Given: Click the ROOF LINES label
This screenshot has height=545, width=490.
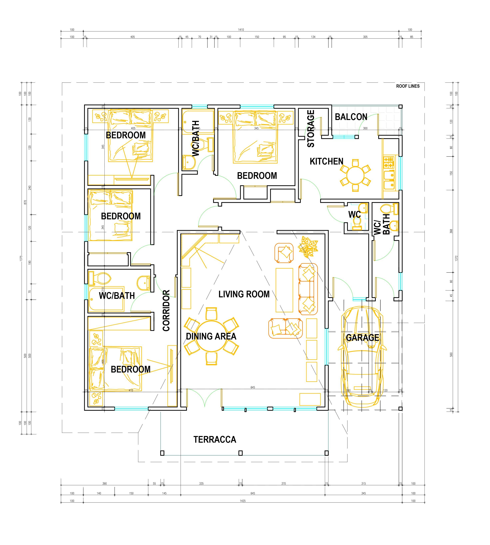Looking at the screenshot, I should [x=408, y=86].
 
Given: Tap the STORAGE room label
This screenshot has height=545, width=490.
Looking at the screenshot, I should [x=311, y=129].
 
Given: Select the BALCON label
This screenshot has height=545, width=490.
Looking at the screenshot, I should [x=351, y=117].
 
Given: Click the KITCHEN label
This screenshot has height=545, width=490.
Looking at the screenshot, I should [x=326, y=161].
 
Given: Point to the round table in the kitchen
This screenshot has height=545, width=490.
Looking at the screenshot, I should [x=355, y=175].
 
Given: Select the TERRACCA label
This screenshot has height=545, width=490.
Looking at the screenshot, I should [x=215, y=440].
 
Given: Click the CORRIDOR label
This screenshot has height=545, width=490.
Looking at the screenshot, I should [x=166, y=310].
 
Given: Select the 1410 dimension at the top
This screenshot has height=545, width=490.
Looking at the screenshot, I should [x=241, y=30].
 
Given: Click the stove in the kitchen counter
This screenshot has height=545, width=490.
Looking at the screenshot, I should [x=389, y=162].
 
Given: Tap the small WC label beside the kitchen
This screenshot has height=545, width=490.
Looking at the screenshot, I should [x=354, y=215].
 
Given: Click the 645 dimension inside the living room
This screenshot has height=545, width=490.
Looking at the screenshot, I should [x=253, y=387].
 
